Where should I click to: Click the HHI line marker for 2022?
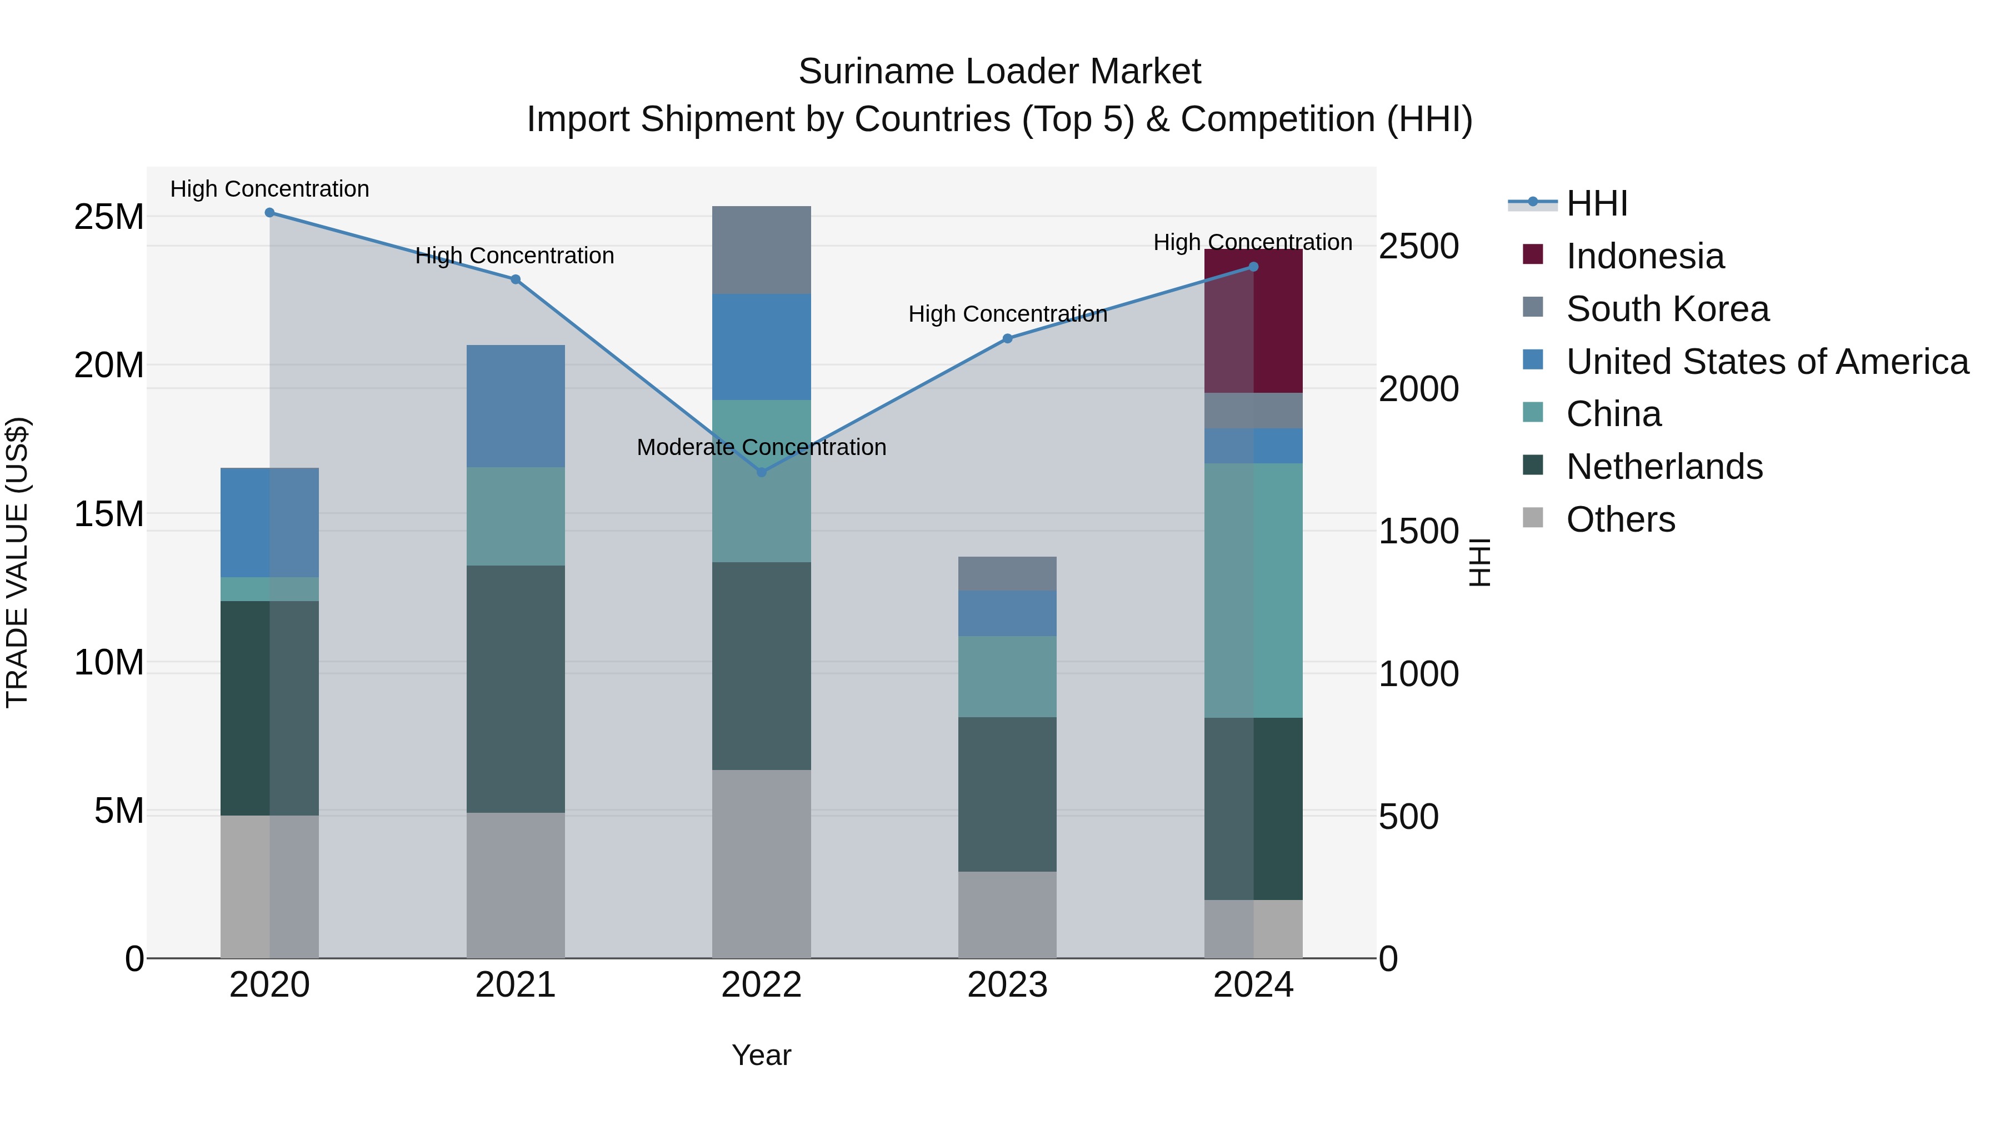click(761, 472)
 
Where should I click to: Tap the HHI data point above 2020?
click(269, 213)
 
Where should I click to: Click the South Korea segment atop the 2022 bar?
click(761, 250)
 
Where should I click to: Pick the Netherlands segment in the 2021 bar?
click(515, 689)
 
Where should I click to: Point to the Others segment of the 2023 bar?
click(1007, 914)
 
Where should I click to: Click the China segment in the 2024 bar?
click(1253, 590)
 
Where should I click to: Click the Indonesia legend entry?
click(1644, 256)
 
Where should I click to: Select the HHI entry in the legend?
click(1596, 203)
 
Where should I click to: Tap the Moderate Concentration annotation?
click(761, 447)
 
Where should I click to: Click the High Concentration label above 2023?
click(1007, 314)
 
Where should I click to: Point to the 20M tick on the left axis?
click(109, 365)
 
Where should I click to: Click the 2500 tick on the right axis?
click(1418, 246)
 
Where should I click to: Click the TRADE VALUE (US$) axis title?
click(18, 562)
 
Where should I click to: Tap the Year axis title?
click(761, 1055)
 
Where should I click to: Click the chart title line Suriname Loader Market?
click(999, 72)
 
